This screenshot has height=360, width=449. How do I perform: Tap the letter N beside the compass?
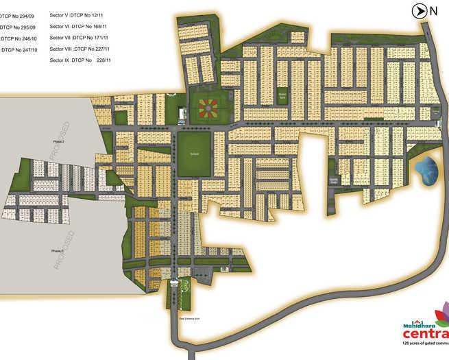pos(433,10)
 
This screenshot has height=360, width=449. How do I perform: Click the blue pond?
pos(426,170)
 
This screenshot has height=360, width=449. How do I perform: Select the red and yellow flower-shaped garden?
pos(208,108)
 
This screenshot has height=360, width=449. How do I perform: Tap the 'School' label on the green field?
pos(194,154)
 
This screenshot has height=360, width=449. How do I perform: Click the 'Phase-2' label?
pos(58,141)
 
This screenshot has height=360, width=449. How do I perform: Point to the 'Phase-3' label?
pos(58,251)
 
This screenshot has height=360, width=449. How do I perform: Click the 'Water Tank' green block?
pos(282,96)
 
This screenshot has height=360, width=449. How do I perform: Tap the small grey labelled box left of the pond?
pos(334,181)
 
